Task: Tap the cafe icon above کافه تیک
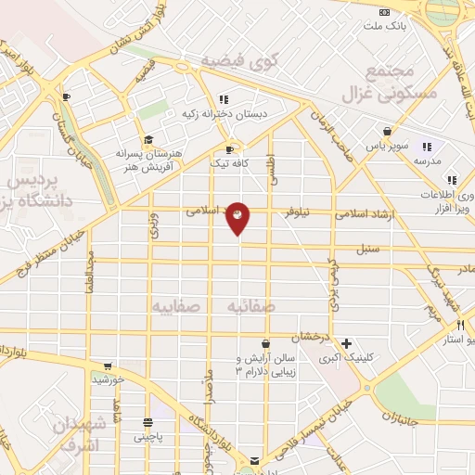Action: click(229, 149)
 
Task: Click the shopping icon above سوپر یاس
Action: click(387, 131)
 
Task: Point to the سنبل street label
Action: click(369, 250)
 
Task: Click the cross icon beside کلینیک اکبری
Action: click(346, 342)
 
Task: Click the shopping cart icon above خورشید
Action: click(109, 366)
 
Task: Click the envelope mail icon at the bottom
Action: click(255, 461)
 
